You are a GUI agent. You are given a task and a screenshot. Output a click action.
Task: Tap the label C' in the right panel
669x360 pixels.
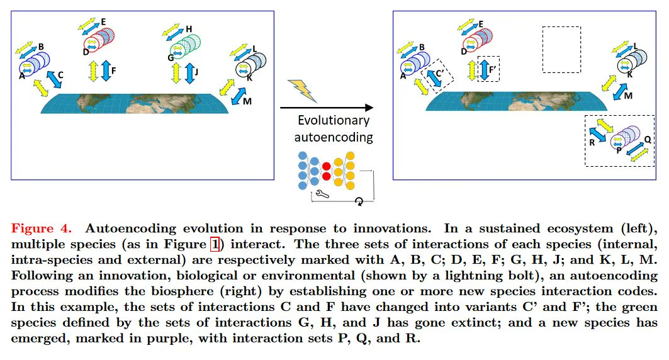click(440, 72)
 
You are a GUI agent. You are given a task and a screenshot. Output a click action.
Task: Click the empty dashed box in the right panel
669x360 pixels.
click(561, 50)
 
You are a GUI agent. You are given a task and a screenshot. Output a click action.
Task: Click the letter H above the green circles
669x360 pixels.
click(189, 29)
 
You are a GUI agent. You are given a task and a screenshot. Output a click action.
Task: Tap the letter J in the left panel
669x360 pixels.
click(196, 72)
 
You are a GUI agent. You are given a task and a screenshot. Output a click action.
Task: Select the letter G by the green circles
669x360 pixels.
click(170, 57)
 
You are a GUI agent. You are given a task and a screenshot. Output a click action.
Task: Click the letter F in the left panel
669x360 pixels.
click(113, 71)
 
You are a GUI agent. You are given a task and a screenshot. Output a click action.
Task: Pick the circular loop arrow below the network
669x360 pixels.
click(359, 201)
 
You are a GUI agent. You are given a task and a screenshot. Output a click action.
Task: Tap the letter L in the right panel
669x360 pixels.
click(636, 46)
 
